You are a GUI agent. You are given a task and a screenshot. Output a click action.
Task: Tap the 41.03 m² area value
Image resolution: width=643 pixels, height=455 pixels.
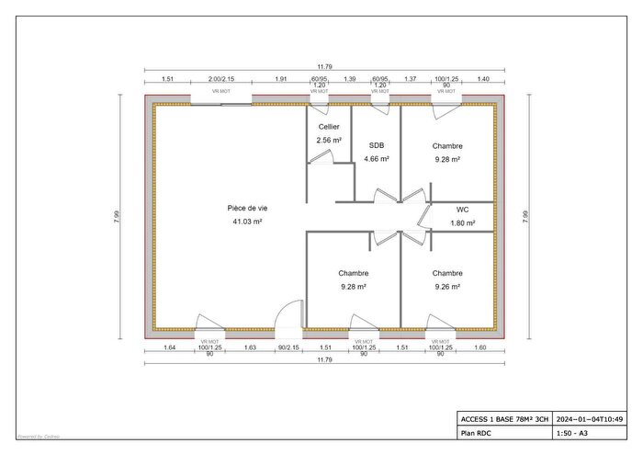pyautogui.click(x=245, y=222)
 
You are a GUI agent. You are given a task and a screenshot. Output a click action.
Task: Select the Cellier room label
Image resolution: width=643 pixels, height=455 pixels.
pyautogui.click(x=329, y=127)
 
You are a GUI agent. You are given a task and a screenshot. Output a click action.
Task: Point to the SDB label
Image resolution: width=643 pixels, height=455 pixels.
pyautogui.click(x=377, y=145)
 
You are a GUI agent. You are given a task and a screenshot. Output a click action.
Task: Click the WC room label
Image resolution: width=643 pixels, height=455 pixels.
pyautogui.click(x=462, y=210)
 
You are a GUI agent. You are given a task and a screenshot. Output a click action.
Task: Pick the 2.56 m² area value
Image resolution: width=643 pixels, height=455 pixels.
pyautogui.click(x=329, y=140)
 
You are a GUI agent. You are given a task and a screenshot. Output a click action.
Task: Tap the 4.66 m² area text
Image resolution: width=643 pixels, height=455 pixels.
pyautogui.click(x=377, y=159)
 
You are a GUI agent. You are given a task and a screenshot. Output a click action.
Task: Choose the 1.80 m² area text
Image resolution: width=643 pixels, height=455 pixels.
pyautogui.click(x=462, y=222)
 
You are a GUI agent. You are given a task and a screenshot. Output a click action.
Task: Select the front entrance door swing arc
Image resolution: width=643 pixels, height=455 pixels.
pyautogui.click(x=291, y=314)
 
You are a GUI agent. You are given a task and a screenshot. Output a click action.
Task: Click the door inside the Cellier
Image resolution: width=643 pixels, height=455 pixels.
pyautogui.click(x=321, y=158)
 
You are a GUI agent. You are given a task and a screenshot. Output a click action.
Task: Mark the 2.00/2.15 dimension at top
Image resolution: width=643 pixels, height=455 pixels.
pyautogui.click(x=221, y=80)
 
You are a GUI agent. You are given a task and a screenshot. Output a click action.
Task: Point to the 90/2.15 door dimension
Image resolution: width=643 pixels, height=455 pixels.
pyautogui.click(x=288, y=347)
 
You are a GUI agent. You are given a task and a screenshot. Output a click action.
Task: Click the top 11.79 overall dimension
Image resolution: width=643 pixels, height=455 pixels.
pyautogui.click(x=324, y=66)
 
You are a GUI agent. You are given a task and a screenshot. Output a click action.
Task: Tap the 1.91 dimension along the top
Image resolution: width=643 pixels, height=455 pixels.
pyautogui.click(x=281, y=80)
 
